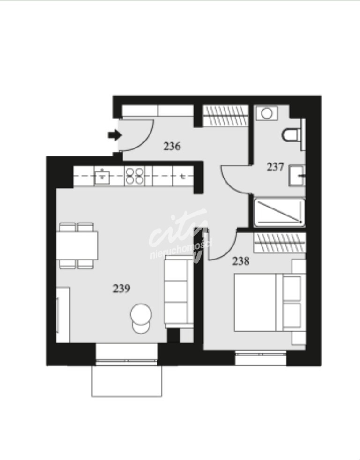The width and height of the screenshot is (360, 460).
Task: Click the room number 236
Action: point(172,146)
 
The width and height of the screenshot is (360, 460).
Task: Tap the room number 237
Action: point(275,167)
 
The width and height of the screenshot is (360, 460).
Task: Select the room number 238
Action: point(241,261)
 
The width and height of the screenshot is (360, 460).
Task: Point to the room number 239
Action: point(121,289)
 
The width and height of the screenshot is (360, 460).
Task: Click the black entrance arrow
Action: point(114,135)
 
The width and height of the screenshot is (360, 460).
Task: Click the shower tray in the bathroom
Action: point(279,212)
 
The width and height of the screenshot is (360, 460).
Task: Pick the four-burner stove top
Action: point(135,176)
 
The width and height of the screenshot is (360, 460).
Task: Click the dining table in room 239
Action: point(78,245)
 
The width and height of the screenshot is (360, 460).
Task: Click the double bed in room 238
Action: point(262,302)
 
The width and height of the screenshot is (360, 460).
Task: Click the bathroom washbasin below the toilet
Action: point(297,176)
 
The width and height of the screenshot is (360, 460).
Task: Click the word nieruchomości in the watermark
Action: point(181,250)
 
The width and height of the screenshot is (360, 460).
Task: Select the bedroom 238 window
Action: point(261,359)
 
